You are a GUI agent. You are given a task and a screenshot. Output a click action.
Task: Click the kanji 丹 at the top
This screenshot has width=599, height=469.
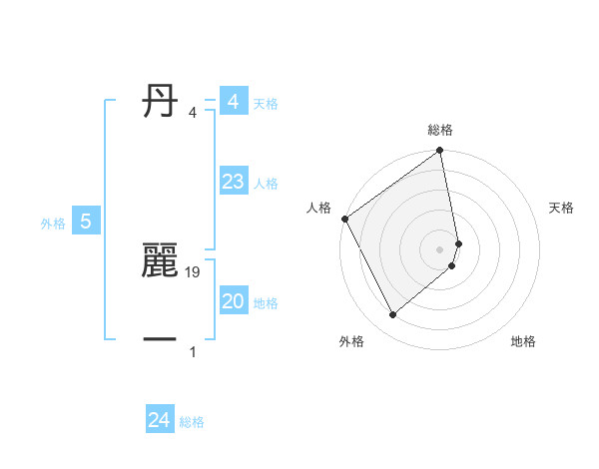(160, 101)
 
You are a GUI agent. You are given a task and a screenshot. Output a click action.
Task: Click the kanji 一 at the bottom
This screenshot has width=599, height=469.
(160, 340)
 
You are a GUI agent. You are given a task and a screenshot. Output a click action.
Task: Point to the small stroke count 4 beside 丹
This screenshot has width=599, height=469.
(193, 113)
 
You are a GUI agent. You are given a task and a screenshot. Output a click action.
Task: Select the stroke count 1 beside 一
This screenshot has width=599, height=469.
(193, 352)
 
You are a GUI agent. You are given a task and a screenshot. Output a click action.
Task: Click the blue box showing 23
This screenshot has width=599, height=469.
(234, 182)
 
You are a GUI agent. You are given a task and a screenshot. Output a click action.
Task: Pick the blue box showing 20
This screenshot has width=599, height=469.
(234, 301)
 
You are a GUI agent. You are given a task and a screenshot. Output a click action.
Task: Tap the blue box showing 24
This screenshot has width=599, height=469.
(160, 420)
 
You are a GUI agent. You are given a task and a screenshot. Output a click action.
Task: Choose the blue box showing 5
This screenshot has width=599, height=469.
(86, 222)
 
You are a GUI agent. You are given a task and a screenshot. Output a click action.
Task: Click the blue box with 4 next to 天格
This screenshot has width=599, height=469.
(234, 102)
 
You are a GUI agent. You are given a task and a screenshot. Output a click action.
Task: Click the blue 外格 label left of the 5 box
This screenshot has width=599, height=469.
(53, 224)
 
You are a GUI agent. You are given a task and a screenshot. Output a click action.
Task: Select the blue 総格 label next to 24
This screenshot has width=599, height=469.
(192, 422)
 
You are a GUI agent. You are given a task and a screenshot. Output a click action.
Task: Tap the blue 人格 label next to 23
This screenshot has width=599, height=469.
(266, 184)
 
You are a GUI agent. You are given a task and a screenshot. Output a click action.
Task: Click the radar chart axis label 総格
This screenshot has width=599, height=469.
(440, 130)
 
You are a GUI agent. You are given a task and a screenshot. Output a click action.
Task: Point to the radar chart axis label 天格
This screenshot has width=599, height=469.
(561, 208)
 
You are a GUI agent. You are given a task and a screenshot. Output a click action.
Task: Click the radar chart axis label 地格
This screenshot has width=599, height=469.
(523, 341)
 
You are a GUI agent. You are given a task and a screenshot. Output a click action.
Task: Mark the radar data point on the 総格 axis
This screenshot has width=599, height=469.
(440, 152)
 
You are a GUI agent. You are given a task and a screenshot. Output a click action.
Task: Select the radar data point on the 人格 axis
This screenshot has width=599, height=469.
(344, 219)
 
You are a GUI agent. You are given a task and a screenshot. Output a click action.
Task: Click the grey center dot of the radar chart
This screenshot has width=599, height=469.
(440, 248)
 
